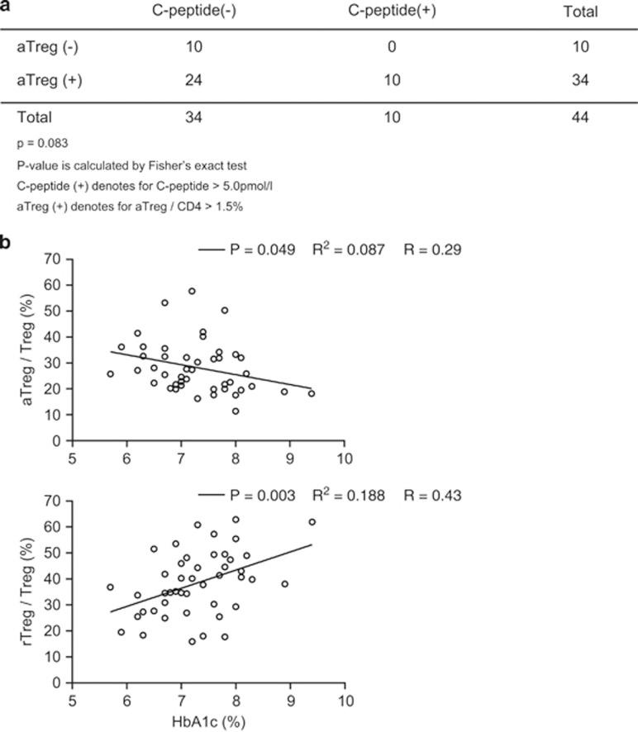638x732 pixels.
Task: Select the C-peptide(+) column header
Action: click(x=392, y=12)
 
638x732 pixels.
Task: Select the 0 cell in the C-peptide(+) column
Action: click(x=392, y=47)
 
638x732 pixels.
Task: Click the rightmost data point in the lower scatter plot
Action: click(x=312, y=522)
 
